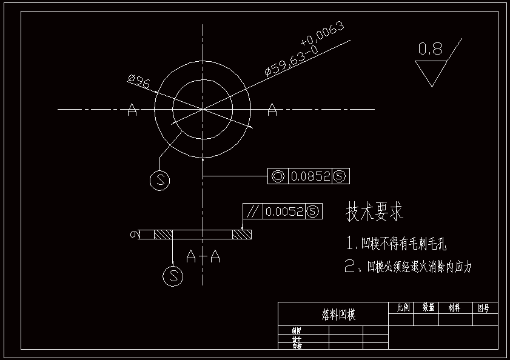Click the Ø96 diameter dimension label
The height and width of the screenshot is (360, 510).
(x=139, y=81)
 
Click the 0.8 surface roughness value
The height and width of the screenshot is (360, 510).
(x=431, y=49)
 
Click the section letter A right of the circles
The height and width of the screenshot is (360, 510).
(x=272, y=110)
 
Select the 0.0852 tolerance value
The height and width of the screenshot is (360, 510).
(x=310, y=176)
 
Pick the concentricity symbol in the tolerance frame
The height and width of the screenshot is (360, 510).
(x=278, y=176)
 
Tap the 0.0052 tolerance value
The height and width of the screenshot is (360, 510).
(x=284, y=212)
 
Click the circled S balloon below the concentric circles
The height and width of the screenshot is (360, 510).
(x=159, y=179)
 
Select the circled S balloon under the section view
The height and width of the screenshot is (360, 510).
(x=173, y=276)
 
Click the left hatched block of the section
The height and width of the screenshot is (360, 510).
(x=164, y=234)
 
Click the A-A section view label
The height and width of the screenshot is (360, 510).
(x=203, y=257)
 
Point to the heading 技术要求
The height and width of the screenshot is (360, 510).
(x=374, y=212)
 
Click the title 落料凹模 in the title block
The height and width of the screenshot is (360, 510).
(x=338, y=315)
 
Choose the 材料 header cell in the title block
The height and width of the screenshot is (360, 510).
(x=454, y=308)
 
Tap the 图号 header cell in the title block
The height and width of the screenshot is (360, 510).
(x=483, y=308)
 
